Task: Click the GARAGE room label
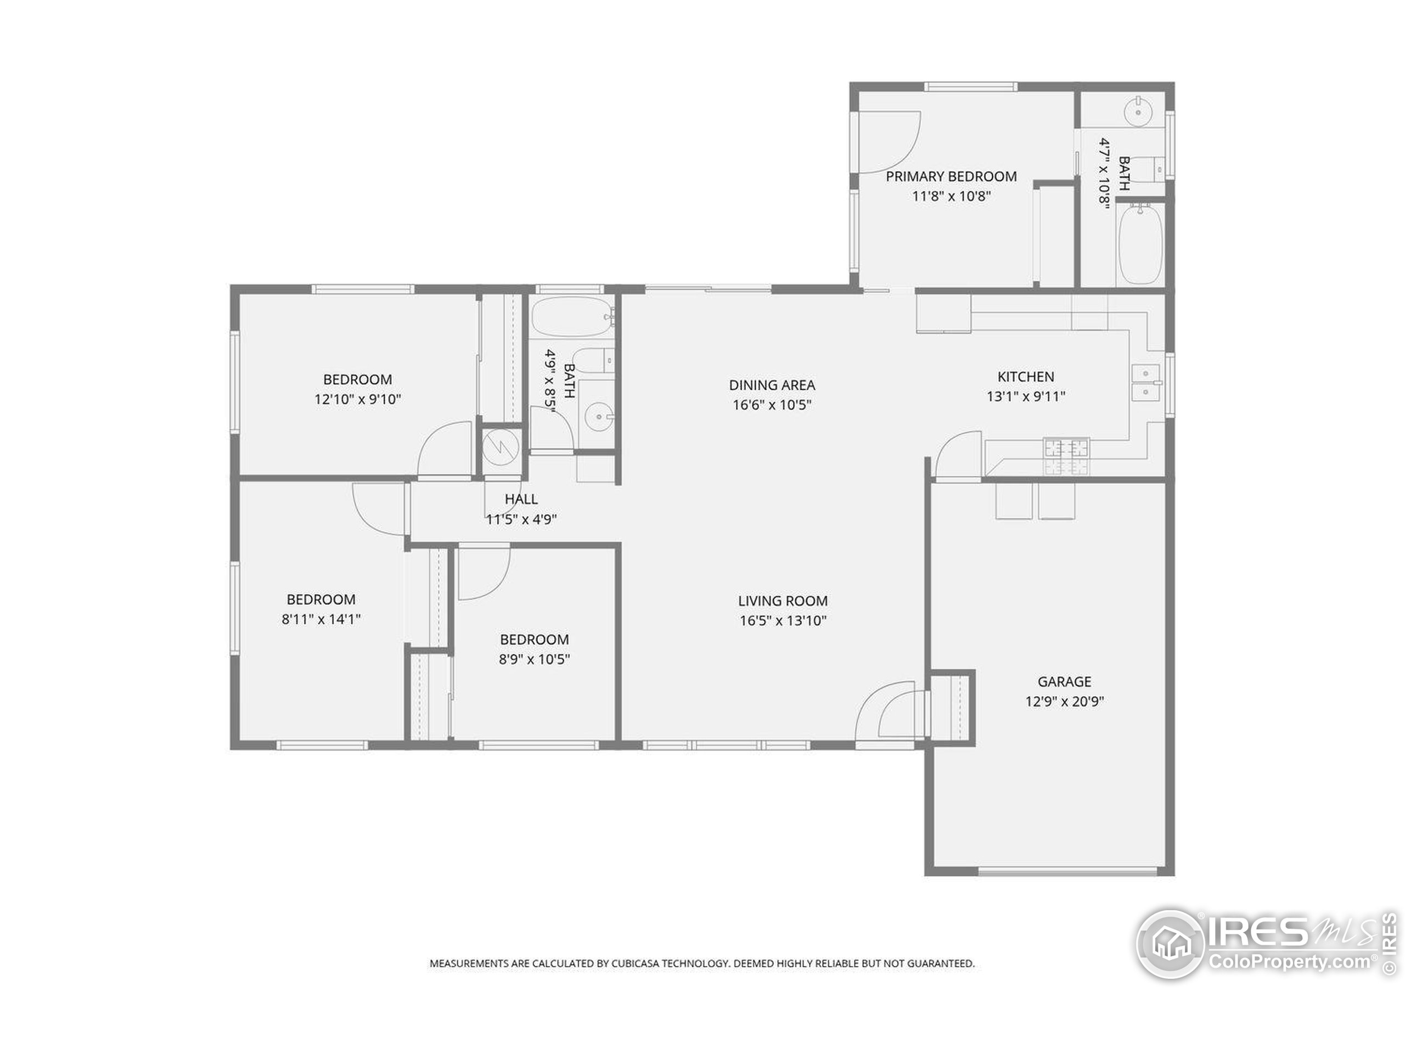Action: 1065,682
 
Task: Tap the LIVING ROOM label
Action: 783,601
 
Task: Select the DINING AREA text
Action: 772,385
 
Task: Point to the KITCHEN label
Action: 1026,377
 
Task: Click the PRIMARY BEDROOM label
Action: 951,177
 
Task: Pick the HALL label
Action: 521,500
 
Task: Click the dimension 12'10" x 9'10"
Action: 358,400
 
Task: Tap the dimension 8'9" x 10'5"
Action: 534,659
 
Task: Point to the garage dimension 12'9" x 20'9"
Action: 1065,702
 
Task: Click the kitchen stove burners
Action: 1066,456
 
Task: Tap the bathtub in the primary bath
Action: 1141,244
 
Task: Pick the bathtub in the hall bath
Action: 572,316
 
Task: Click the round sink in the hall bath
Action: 598,417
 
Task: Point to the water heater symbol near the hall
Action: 501,448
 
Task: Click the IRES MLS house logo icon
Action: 1170,944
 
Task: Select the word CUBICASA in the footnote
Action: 634,964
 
